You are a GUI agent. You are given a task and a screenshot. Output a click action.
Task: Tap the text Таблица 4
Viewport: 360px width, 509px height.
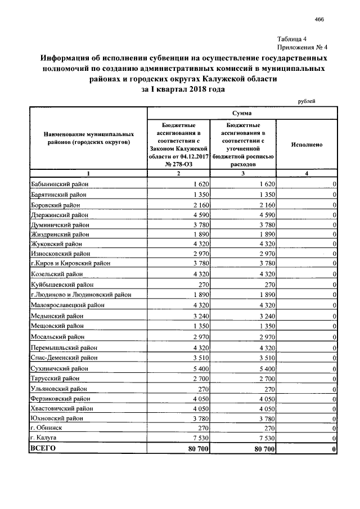[x=291, y=39]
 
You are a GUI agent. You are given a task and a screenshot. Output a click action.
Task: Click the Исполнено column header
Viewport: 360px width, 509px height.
[x=307, y=145]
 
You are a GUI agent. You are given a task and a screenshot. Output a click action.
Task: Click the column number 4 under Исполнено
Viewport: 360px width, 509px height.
[x=307, y=173]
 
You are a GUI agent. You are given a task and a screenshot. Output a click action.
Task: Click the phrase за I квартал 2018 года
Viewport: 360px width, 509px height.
[x=183, y=90]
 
